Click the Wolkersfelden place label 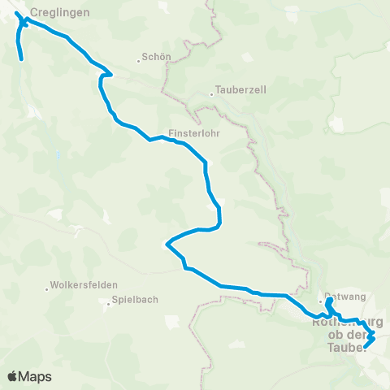pyautogui.click(x=84, y=285)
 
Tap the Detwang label pyautogui.click(x=341, y=297)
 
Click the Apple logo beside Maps pyautogui.click(x=13, y=376)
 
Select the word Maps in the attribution pyautogui.click(x=36, y=376)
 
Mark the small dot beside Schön pyautogui.click(x=138, y=58)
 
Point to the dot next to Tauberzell pyautogui.click(x=211, y=93)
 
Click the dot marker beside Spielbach pyautogui.click(x=109, y=305)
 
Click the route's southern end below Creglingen pyautogui.click(x=20, y=58)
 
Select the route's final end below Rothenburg pyautogui.click(x=365, y=347)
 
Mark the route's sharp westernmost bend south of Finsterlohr pyautogui.click(x=167, y=242)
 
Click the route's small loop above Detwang pyautogui.click(x=329, y=302)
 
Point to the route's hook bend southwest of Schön pyautogui.click(x=101, y=76)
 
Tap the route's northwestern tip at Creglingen pyautogui.click(x=17, y=13)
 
